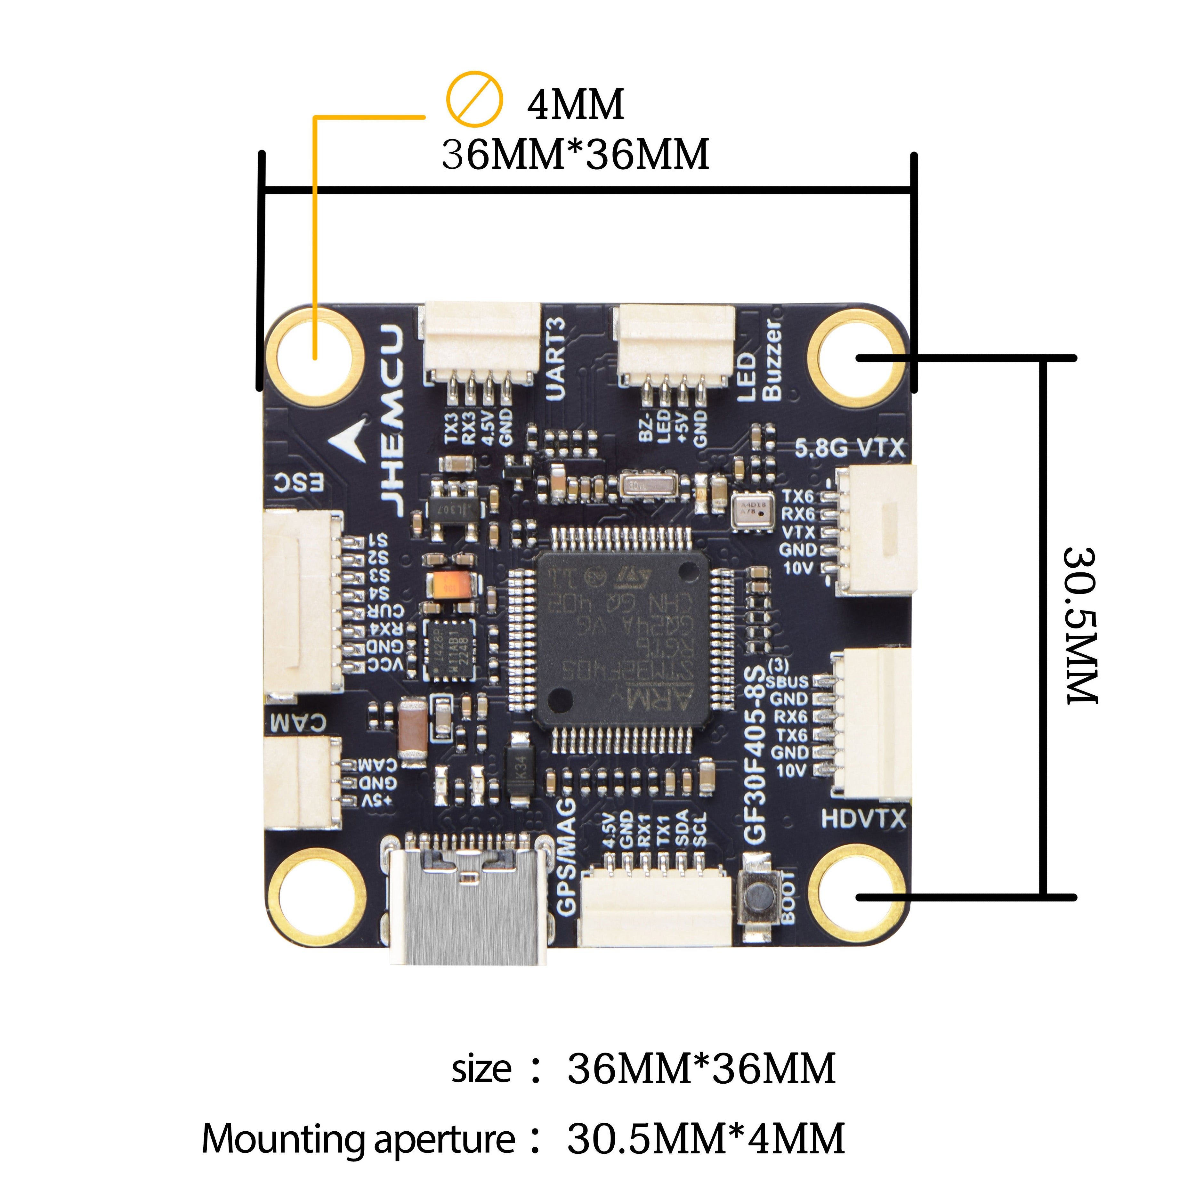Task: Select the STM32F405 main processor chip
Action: [x=622, y=638]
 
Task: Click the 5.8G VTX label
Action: [x=849, y=448]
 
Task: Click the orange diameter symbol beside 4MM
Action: [x=474, y=99]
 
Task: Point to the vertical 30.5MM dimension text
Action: [x=1080, y=625]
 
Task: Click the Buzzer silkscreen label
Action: [x=772, y=359]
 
